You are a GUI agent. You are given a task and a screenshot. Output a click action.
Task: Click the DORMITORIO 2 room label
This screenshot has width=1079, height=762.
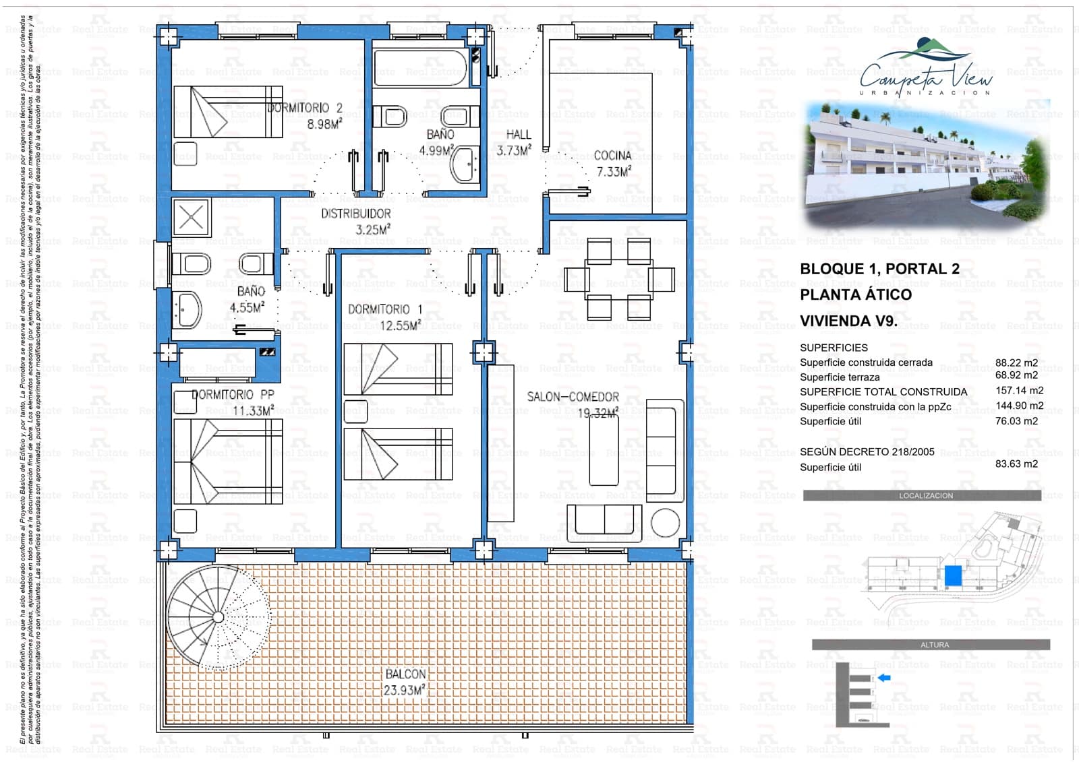305,108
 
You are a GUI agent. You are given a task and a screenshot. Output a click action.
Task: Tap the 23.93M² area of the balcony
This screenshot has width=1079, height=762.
404,691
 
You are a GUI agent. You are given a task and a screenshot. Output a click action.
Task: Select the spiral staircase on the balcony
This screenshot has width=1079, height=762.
217,616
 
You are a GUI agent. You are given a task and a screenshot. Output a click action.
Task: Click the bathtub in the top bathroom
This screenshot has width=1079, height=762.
419,68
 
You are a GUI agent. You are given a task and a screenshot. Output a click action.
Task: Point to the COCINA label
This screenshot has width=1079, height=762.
612,156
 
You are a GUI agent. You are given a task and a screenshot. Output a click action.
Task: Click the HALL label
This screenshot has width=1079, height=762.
518,135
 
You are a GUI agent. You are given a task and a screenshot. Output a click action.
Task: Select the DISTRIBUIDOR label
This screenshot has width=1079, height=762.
355,214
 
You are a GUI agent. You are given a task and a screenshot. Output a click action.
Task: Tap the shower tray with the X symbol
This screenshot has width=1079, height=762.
192,218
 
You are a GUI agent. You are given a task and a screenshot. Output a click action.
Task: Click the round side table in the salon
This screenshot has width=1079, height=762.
665,522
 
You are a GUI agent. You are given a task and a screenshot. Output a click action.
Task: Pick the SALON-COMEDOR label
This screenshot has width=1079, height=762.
573,398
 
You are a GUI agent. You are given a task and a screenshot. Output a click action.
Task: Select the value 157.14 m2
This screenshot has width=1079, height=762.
1019,391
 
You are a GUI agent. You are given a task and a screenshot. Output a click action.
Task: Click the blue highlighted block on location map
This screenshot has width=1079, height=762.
952,576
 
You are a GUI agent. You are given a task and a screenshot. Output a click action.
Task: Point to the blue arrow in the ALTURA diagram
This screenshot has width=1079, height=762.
884,678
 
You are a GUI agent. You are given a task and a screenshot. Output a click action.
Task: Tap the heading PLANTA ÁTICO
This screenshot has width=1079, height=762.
855,295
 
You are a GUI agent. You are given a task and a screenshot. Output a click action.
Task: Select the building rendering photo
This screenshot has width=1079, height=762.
926,165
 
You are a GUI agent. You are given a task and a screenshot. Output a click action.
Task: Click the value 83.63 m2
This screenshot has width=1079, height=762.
1016,464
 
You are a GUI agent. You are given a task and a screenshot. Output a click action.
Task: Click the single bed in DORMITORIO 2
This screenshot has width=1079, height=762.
227,111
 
